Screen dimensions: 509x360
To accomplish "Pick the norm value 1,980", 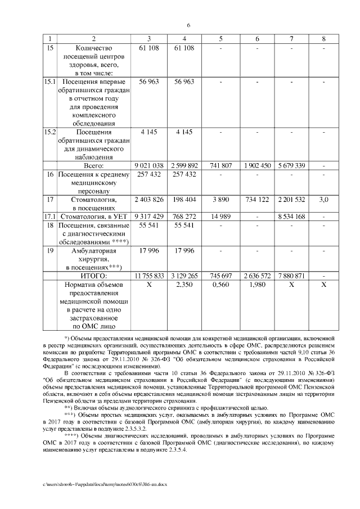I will click(x=257, y=285).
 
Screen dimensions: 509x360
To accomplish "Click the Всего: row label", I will click(x=94, y=165).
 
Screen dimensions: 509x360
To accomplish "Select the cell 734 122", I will click(x=257, y=200).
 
